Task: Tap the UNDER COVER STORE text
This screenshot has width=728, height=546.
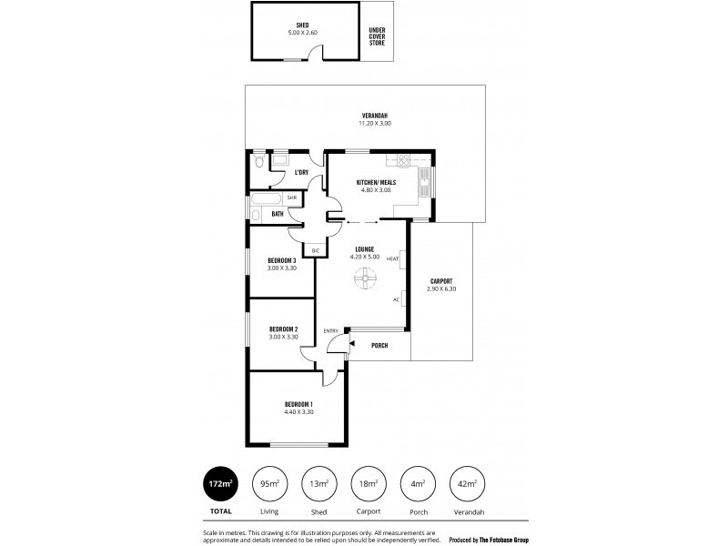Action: click(377, 35)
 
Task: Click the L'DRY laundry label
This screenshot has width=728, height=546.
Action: click(301, 172)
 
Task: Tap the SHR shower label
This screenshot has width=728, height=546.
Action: click(292, 197)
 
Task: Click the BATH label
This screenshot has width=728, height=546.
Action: click(278, 215)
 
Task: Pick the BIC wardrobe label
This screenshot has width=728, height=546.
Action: click(316, 250)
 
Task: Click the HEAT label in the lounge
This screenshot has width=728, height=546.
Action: click(392, 259)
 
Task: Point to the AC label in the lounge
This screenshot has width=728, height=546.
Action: click(396, 299)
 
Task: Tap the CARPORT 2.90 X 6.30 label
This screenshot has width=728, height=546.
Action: click(440, 285)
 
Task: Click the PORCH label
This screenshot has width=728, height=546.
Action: click(379, 345)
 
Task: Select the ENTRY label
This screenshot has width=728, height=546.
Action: click(330, 330)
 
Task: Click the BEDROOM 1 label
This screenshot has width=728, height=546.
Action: click(298, 408)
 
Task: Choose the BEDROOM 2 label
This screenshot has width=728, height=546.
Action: click(283, 332)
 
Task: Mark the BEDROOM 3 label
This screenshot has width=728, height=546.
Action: click(282, 264)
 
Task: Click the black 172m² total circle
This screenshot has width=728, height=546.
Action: click(219, 484)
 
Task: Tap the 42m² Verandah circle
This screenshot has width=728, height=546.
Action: click(468, 484)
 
